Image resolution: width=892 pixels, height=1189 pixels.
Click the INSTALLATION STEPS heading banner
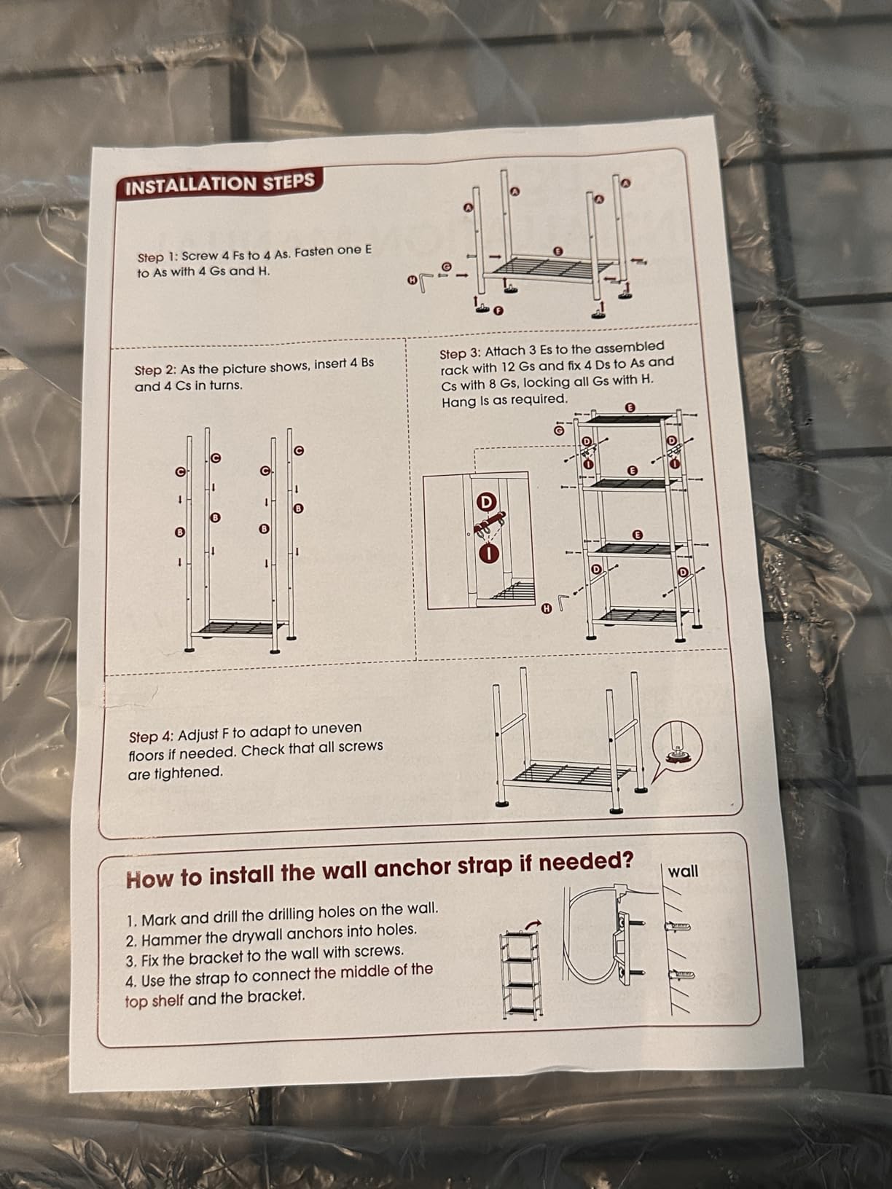[219, 183]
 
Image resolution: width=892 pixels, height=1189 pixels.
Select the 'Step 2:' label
[155, 371]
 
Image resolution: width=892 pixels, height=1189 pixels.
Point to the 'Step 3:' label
[460, 353]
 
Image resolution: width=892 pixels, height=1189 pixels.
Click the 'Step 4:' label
[151, 737]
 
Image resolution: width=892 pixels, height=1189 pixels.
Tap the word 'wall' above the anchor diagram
[683, 871]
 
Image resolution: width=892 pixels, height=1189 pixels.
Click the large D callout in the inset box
[486, 502]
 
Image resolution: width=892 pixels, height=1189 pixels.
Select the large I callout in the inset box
[490, 553]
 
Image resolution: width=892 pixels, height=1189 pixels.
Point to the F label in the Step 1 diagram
[498, 311]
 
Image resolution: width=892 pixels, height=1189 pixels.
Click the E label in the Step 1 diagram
[557, 251]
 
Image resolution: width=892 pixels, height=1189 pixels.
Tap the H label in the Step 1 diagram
[412, 280]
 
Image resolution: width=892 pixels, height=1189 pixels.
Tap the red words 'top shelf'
[154, 1000]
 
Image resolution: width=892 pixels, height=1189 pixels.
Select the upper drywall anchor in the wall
[677, 926]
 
